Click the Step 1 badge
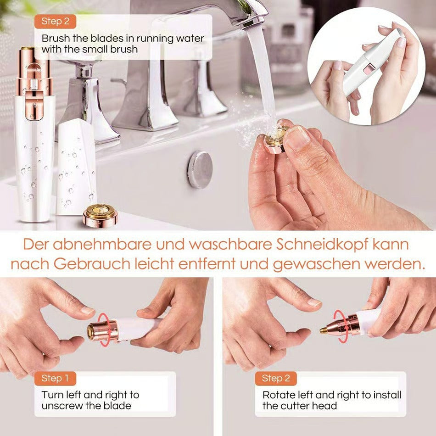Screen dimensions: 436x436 (x=55, y=379)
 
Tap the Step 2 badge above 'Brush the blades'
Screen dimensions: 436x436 (x=55, y=21)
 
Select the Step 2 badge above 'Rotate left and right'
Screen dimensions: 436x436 (x=276, y=379)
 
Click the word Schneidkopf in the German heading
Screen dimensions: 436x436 (x=323, y=244)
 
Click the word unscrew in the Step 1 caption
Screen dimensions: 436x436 (x=61, y=406)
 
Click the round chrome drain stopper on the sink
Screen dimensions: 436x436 (x=200, y=169)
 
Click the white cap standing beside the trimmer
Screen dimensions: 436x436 (x=76, y=168)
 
